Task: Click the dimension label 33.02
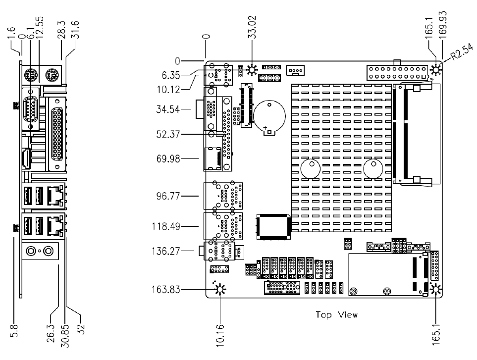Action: tap(253, 27)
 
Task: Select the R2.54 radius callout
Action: tap(462, 52)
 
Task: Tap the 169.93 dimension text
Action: tap(443, 25)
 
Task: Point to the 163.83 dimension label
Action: tap(166, 290)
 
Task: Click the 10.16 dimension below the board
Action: tap(220, 335)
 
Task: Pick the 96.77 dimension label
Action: tap(168, 196)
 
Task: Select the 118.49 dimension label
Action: tap(166, 226)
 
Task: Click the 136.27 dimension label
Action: tap(166, 251)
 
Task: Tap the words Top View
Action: tap(336, 315)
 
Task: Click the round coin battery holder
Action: tap(269, 116)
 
